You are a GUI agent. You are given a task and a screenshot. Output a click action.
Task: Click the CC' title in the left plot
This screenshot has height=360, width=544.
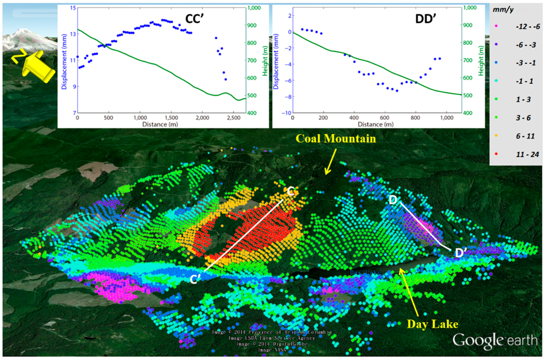pos(197,20)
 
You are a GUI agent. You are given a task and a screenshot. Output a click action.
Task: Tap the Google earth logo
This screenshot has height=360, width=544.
pos(496,340)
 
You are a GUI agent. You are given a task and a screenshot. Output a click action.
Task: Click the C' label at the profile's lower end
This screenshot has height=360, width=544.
pos(197,278)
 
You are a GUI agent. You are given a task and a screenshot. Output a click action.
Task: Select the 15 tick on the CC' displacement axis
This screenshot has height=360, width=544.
pos(72,8)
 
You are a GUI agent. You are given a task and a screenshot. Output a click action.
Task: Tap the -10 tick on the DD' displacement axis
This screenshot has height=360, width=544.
pos(283,113)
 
